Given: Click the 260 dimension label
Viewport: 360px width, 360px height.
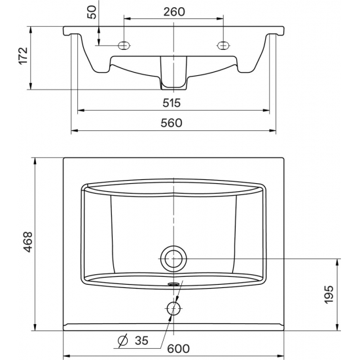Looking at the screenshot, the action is (x=174, y=12).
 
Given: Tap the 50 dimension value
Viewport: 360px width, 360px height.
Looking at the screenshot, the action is (x=92, y=12).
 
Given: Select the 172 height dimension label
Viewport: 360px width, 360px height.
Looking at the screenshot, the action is (x=23, y=56).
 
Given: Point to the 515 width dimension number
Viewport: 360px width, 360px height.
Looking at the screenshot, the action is (x=171, y=103).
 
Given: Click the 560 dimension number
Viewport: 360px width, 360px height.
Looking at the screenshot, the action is (x=171, y=123).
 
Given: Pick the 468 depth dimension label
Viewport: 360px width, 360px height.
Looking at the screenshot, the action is (x=28, y=242).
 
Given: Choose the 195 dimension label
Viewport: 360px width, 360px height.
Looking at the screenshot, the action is (x=329, y=295).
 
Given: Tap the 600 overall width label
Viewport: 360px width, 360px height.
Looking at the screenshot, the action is (x=179, y=349).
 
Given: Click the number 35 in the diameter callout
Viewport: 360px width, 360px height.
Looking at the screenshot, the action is (x=141, y=340).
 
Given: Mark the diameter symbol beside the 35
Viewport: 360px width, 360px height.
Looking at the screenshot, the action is (x=122, y=341).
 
